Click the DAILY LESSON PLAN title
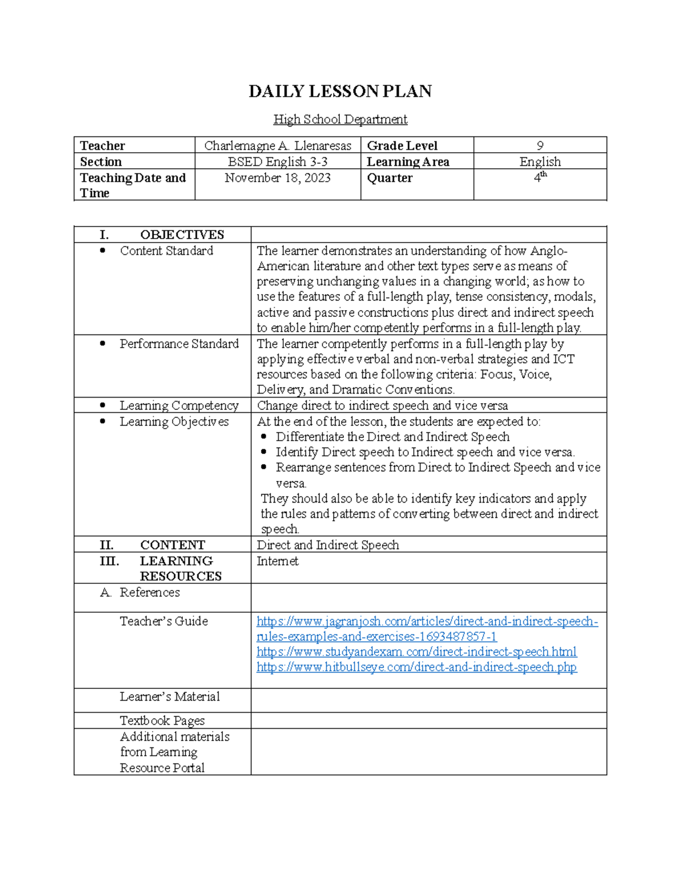pyautogui.click(x=340, y=91)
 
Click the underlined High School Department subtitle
pyautogui.click(x=340, y=119)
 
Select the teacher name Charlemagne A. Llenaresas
pyautogui.click(x=278, y=145)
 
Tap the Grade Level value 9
pyautogui.click(x=540, y=145)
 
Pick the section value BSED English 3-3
pyautogui.click(x=278, y=161)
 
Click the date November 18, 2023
pyautogui.click(x=278, y=178)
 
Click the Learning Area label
pyautogui.click(x=407, y=161)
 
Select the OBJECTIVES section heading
pyautogui.click(x=182, y=235)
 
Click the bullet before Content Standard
pyautogui.click(x=103, y=250)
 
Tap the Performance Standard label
pyautogui.click(x=179, y=344)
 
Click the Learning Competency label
pyautogui.click(x=179, y=405)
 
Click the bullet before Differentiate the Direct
pyautogui.click(x=264, y=437)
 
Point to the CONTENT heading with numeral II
pyautogui.click(x=172, y=545)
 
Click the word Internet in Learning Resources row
pyautogui.click(x=278, y=561)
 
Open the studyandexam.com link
pyautogui.click(x=416, y=651)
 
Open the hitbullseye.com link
pyautogui.click(x=416, y=667)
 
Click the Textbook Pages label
pyautogui.click(x=162, y=720)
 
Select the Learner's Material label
pyautogui.click(x=169, y=696)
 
